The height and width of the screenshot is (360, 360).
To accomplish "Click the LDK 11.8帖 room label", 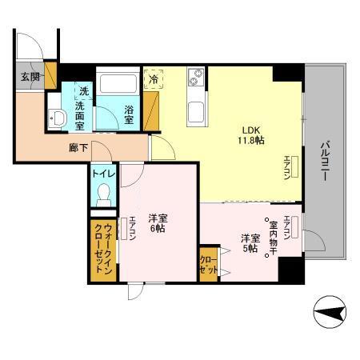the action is coord(251,135).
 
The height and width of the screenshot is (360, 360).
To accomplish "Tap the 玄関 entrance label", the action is coord(30,77).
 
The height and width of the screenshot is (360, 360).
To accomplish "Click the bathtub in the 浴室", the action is coord(118,81).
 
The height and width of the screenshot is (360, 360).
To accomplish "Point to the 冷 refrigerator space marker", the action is coord(154,79).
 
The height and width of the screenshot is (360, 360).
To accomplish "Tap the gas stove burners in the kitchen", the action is coord(196,77).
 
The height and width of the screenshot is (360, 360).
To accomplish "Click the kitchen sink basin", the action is coord(196,112).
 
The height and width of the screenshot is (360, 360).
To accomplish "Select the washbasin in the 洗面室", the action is coord(57,118).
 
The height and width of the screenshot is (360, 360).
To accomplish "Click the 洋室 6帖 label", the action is coord(158,223).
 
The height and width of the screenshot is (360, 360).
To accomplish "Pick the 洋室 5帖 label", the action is coord(250,243).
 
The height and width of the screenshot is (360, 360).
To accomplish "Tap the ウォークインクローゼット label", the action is coord(103,249).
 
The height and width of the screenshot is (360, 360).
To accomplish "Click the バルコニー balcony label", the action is coord(325,162).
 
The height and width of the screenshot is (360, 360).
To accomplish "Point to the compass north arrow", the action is coord(330,312).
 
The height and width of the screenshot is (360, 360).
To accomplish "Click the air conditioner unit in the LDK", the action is coord(294,167).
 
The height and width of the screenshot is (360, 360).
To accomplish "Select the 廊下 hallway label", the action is coord(78,148).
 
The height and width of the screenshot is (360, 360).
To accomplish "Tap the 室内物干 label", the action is coord(274,238).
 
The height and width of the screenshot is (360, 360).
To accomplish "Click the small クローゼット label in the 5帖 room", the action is coord(209,266).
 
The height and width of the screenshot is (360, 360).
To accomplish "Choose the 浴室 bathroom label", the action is coord(129,115).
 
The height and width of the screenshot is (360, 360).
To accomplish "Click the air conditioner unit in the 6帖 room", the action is coord(124,229).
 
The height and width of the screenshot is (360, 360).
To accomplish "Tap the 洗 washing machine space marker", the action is coord(84,91).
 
